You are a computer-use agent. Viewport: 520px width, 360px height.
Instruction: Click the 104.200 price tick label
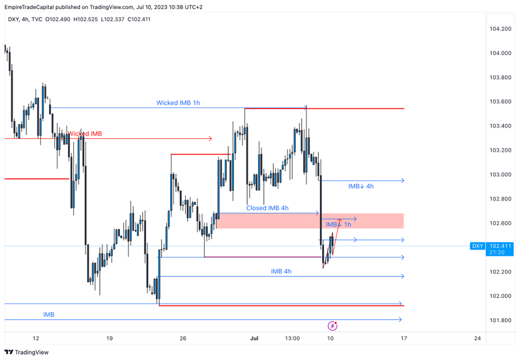point(500,29)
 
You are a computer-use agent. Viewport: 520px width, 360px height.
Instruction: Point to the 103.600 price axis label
point(500,102)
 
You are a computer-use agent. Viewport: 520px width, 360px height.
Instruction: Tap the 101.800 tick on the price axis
point(500,320)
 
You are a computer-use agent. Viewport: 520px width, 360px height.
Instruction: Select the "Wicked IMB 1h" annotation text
point(178,103)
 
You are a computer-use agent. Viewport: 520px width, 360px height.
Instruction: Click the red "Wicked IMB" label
point(85,134)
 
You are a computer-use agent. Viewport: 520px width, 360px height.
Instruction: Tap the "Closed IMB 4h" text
point(267,208)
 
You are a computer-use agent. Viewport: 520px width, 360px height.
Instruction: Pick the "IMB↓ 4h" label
point(361,186)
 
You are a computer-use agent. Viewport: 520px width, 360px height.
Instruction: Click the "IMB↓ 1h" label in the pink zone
point(338,225)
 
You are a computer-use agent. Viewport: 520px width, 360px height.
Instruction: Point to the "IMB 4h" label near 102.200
point(281,271)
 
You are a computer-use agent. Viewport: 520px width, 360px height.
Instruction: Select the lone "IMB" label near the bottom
point(49,315)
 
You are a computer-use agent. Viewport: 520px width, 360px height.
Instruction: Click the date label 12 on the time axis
point(36,338)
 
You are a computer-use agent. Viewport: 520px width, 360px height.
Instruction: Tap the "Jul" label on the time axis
point(255,338)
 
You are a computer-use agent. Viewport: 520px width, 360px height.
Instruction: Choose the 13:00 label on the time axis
point(292,338)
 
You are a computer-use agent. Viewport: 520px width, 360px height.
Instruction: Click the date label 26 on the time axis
point(183,338)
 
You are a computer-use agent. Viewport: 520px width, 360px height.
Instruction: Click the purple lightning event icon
point(333,326)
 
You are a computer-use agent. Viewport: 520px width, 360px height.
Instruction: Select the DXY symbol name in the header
point(13,19)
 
